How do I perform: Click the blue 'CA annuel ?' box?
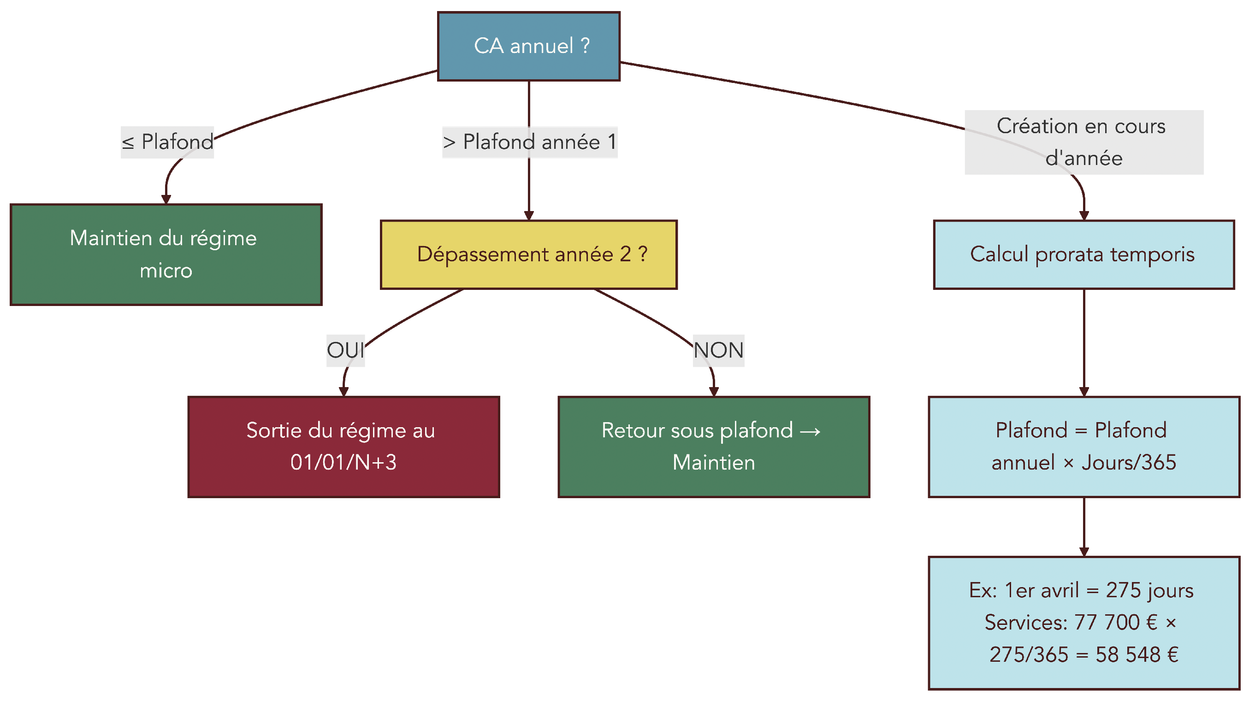528,46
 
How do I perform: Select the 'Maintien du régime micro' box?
166,255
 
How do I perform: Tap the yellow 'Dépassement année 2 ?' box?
528,255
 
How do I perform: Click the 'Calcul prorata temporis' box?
1083,255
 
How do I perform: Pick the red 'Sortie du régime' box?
343,447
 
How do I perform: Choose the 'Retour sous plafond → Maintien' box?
714,447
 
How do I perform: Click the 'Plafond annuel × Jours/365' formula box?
1083,447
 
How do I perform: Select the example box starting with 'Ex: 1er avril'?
1083,623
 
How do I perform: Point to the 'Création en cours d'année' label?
1083,142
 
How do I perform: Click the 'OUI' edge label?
345,350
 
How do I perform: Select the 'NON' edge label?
718,350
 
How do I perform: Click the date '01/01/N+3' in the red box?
343,463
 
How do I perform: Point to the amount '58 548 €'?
1137,655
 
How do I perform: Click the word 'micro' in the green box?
166,271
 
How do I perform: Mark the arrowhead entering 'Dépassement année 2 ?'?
528,216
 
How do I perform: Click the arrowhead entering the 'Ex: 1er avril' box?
1083,552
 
